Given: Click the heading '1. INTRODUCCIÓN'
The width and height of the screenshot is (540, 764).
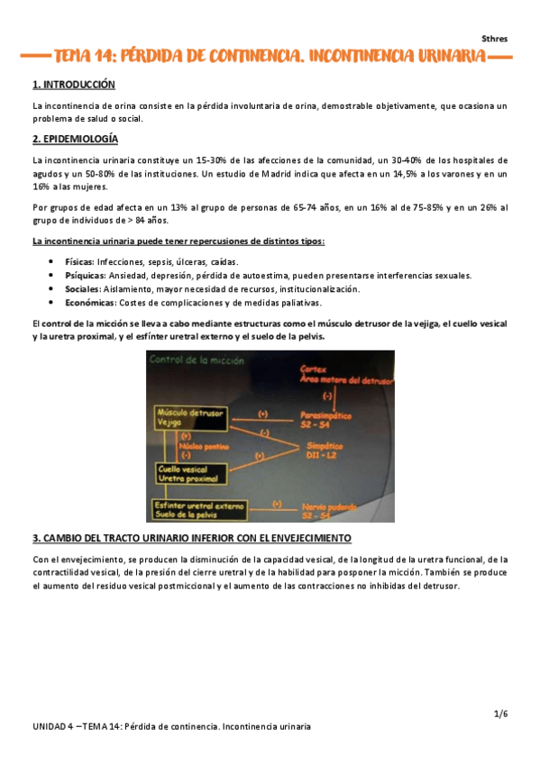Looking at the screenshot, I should click(74, 85).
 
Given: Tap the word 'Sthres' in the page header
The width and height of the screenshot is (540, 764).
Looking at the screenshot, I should click(494, 39).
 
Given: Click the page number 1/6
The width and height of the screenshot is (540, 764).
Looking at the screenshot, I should click(501, 714).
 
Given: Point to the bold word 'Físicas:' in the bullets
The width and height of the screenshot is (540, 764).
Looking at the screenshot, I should click(80, 261).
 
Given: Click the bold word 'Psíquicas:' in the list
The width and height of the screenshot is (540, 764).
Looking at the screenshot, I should click(86, 275).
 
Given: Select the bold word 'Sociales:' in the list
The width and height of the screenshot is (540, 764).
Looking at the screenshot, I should click(84, 289).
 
